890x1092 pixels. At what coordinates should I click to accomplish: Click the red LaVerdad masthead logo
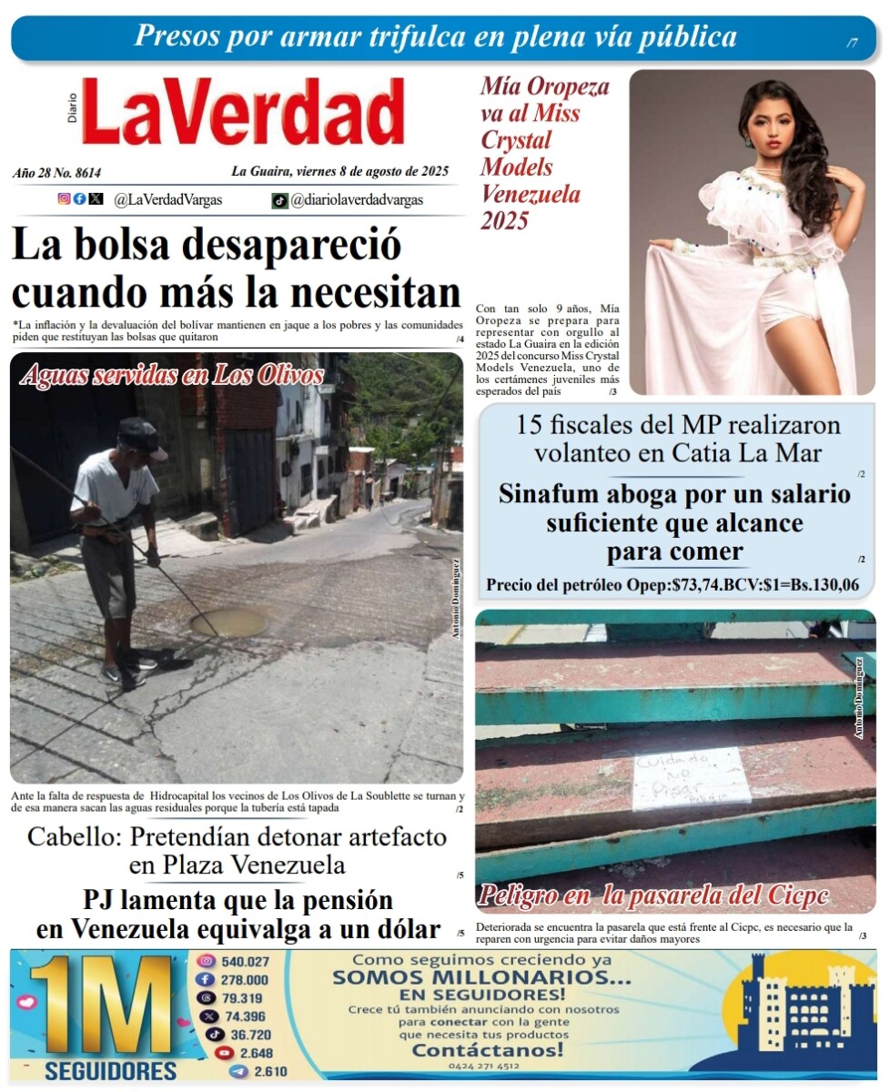coord(244,112)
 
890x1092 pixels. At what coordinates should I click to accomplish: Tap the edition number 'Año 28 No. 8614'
coord(57,172)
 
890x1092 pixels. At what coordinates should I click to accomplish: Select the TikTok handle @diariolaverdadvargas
coord(356,200)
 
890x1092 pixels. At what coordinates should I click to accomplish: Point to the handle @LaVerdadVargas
coord(167,200)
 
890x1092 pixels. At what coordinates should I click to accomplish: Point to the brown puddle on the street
coord(228,622)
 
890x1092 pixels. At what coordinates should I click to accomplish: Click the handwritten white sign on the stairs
coord(691,778)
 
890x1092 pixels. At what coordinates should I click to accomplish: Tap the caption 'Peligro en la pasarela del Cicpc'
coord(653,895)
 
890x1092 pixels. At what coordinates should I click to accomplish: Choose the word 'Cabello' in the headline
coord(75,836)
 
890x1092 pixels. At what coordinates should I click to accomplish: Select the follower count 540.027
coord(245,962)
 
